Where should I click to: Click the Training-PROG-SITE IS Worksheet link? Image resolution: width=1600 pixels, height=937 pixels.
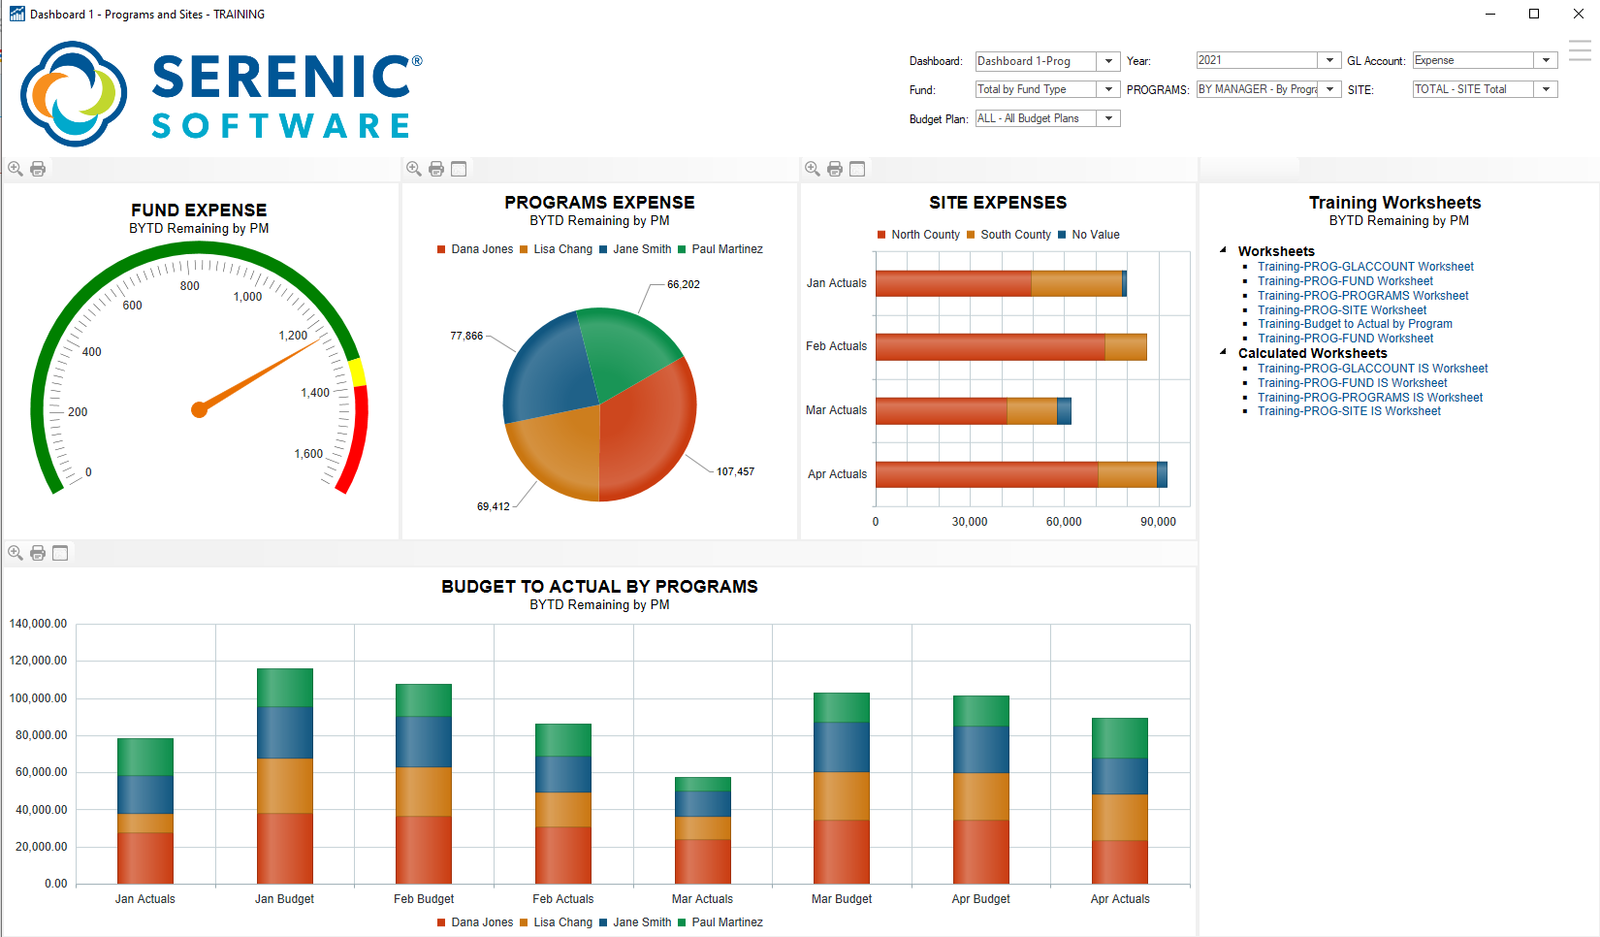(1349, 411)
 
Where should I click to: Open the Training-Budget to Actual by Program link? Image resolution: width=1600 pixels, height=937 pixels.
(1355, 324)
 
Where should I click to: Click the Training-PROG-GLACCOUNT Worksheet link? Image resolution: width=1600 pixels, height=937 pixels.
(1365, 267)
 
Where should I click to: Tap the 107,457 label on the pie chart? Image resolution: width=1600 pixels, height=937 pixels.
(735, 471)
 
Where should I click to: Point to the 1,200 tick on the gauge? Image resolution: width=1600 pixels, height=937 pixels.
(293, 336)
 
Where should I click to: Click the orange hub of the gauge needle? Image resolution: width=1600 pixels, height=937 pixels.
(200, 409)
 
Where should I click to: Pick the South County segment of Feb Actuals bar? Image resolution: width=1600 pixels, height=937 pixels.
(1126, 347)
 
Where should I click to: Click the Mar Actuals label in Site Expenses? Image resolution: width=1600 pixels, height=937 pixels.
(836, 410)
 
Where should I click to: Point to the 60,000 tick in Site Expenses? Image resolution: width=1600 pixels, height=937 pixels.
(1064, 522)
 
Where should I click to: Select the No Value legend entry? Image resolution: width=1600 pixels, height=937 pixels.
(1095, 235)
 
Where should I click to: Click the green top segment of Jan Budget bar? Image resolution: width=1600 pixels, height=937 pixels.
(285, 687)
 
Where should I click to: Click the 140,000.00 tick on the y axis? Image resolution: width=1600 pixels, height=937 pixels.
(38, 624)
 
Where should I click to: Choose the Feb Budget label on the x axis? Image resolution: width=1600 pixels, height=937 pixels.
(424, 899)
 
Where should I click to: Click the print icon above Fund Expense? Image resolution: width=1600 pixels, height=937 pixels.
(38, 169)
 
